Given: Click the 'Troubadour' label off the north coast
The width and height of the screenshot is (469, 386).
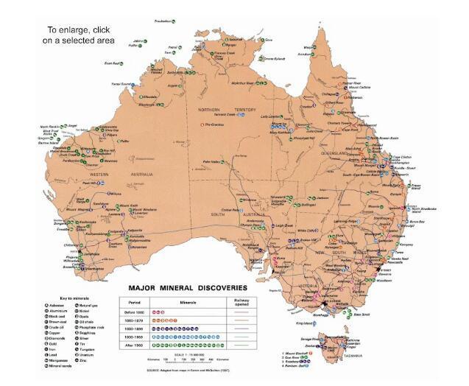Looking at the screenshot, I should coord(163,21).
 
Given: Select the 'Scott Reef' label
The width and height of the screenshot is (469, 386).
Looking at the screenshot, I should coord(113,63).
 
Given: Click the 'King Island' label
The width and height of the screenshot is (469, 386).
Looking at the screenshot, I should coord(305,323).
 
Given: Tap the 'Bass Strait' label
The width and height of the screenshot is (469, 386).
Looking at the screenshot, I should coord(362,315).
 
